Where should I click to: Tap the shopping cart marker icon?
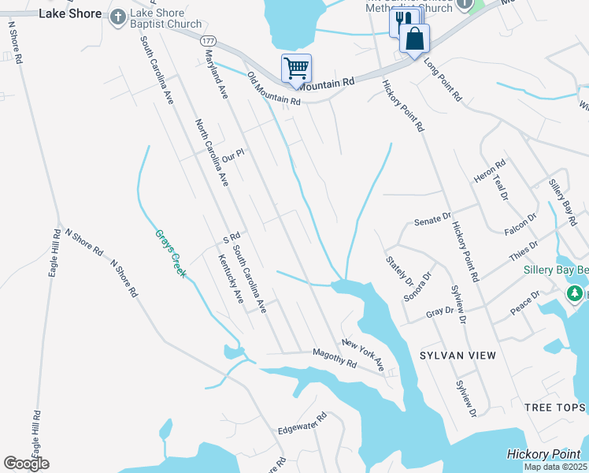click(296, 68)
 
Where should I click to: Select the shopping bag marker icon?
click(414, 39)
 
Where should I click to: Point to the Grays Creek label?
click(169, 253)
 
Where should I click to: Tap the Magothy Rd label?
click(335, 358)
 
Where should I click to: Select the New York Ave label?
click(362, 355)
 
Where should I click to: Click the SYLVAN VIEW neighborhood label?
click(457, 356)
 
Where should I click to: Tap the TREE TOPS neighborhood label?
click(555, 407)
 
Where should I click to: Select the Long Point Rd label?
click(442, 79)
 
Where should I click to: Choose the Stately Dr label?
click(399, 270)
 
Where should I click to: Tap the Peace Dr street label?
click(525, 303)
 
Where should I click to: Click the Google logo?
click(26, 464)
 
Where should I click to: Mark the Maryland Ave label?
click(216, 73)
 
